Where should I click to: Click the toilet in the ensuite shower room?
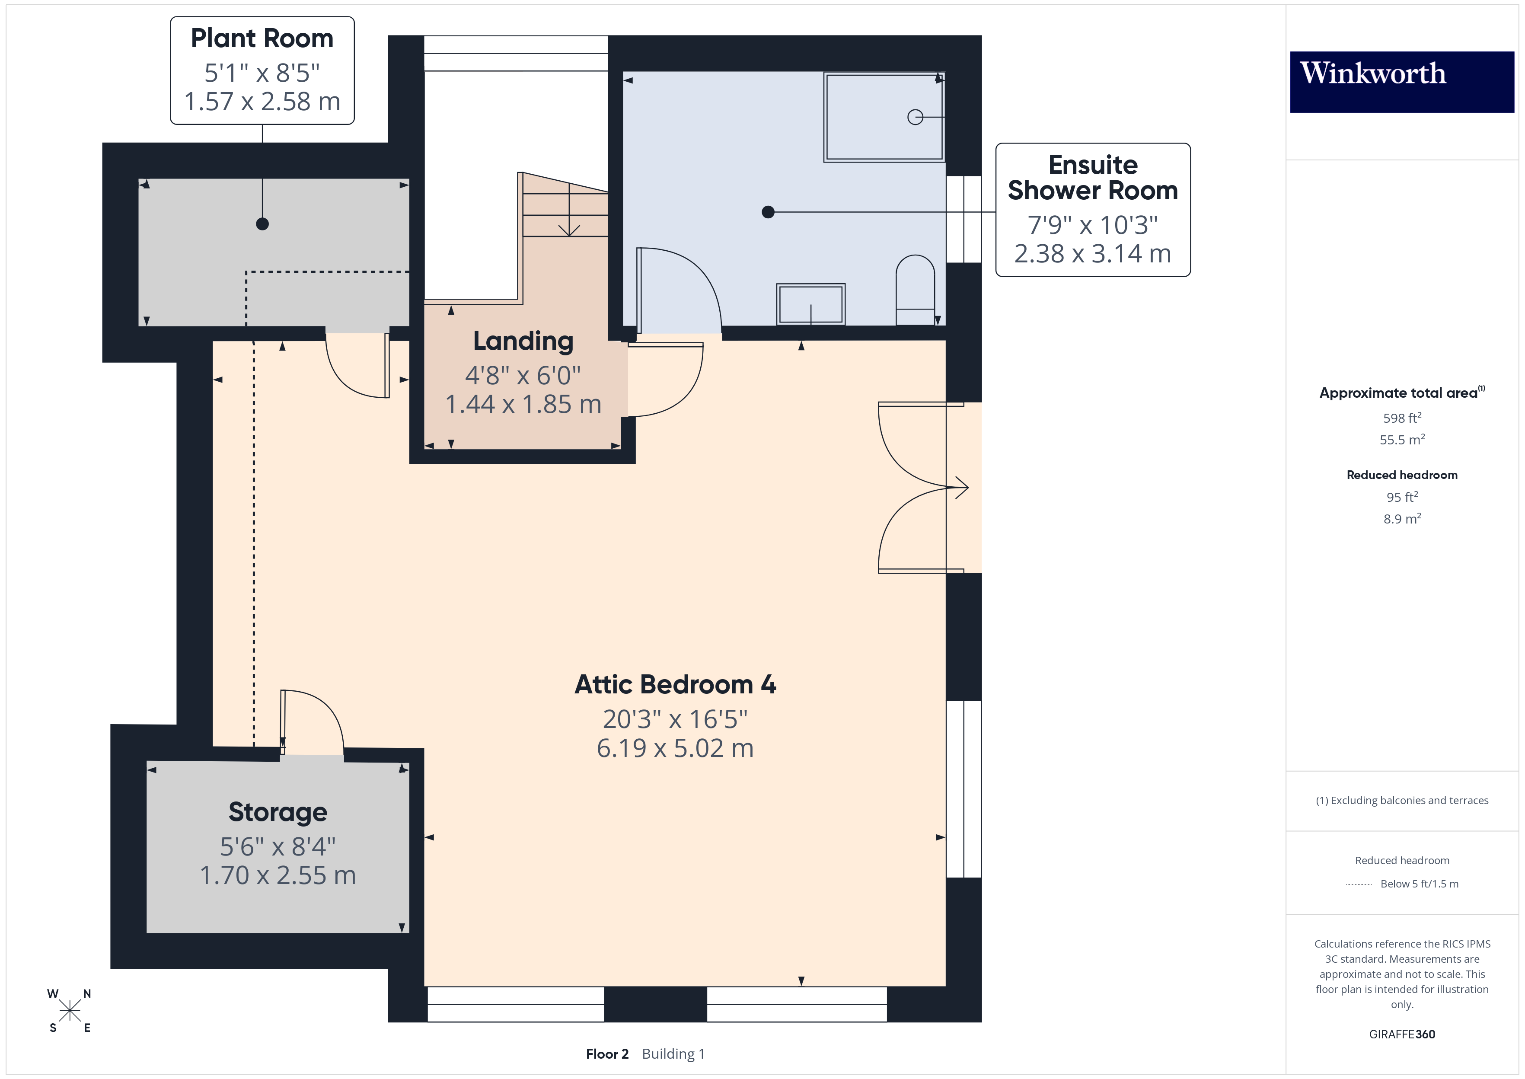coord(915,291)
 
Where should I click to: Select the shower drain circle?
coord(915,117)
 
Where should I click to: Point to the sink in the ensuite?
coord(810,304)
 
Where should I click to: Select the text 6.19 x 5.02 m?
coord(675,749)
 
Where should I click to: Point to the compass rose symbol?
coord(69,1011)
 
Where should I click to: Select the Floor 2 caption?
coord(606,1054)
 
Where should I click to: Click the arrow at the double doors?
coord(961,488)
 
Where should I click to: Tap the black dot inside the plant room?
coord(262,224)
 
